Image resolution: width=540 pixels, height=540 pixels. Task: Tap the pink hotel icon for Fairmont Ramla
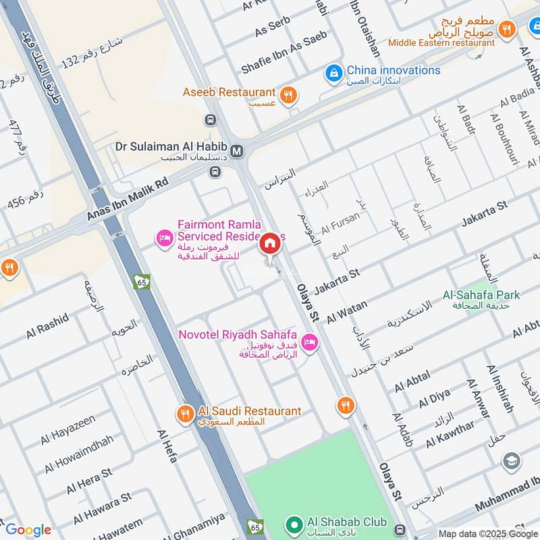(x=163, y=238)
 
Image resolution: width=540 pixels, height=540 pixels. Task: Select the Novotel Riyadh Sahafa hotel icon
(x=310, y=342)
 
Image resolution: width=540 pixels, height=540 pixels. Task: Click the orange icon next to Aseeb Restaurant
(x=288, y=95)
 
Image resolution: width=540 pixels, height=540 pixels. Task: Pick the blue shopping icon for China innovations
(x=333, y=72)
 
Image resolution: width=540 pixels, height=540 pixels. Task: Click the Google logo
(x=28, y=530)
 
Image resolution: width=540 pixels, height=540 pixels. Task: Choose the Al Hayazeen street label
(x=67, y=430)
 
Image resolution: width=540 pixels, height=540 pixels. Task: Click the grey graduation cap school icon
(x=512, y=461)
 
